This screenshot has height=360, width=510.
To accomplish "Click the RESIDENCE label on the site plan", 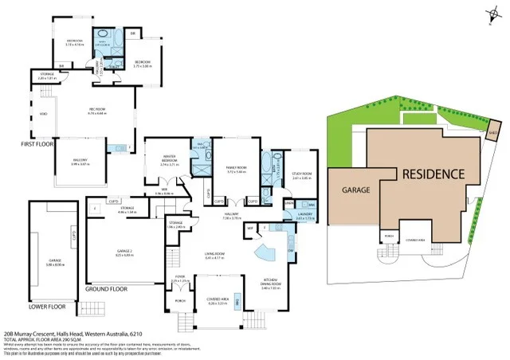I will (432, 174).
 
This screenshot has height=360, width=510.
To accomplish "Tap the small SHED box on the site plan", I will (494, 132).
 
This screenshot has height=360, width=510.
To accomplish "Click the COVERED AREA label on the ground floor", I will (218, 302).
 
